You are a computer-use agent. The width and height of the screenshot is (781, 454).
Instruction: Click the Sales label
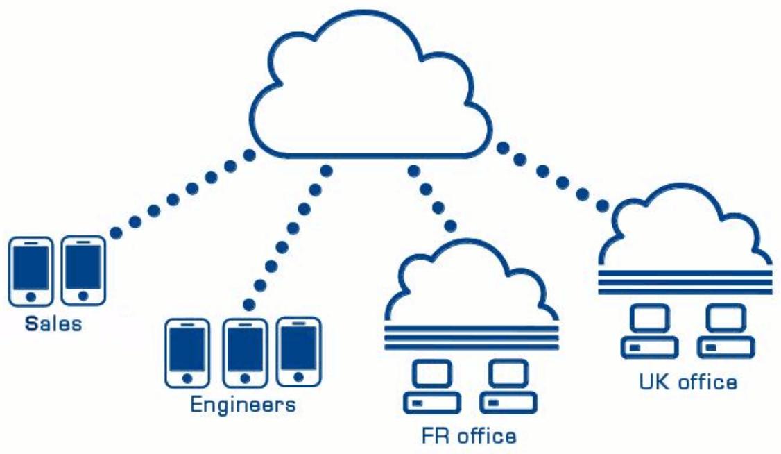pos(53,324)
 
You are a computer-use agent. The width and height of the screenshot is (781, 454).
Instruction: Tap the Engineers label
pos(243,404)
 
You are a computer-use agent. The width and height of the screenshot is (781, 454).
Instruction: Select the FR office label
pos(469,436)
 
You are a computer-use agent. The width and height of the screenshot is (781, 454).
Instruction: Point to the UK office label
pos(688,382)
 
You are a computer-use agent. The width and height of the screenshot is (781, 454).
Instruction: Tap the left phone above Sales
pos(31,271)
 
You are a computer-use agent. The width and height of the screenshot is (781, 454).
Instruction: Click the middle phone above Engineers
pos(245,353)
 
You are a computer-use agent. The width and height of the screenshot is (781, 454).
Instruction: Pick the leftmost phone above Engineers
pos(187,353)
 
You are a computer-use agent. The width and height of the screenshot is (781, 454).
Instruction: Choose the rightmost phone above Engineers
pos(299,352)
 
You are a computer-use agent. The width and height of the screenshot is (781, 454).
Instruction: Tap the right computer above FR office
pos(508,386)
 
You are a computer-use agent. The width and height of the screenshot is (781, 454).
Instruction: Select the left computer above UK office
pos(649,331)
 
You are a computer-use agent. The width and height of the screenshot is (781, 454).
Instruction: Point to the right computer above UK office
pos(726,331)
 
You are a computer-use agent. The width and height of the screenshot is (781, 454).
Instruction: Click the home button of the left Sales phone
pos(31,297)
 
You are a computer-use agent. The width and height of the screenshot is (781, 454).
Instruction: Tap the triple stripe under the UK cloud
pos(685,282)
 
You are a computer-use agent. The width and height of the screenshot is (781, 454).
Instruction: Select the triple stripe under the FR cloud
pos(472,338)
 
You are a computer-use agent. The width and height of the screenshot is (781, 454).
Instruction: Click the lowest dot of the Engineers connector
pos(250,305)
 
